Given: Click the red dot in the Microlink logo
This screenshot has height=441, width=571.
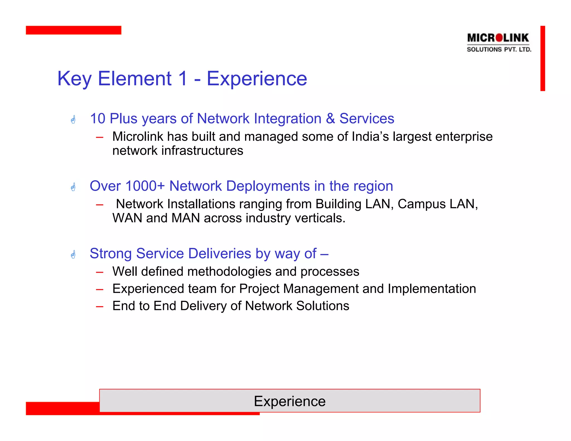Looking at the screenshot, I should coord(499,37).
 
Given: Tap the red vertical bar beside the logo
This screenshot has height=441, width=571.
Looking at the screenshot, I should coord(542,58).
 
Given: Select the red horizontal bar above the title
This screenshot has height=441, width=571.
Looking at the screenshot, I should coord(73,30).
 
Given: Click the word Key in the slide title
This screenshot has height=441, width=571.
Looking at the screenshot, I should coord(74,79).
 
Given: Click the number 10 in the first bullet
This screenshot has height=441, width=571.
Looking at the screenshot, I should coord(98,118).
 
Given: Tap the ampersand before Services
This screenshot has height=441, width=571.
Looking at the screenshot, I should coord(330,118).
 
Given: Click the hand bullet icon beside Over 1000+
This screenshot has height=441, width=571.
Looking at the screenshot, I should coord(73,187).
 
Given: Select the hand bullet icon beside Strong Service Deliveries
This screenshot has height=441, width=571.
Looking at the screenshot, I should coord(73,254).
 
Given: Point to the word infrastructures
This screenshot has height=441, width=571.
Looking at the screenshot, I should coord(202,151).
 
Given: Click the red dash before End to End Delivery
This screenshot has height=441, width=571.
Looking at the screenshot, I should coord(100,306).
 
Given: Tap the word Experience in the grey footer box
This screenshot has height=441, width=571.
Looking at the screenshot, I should coord(289,401).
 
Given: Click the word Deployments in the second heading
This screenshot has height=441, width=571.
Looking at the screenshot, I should coord(268,186).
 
